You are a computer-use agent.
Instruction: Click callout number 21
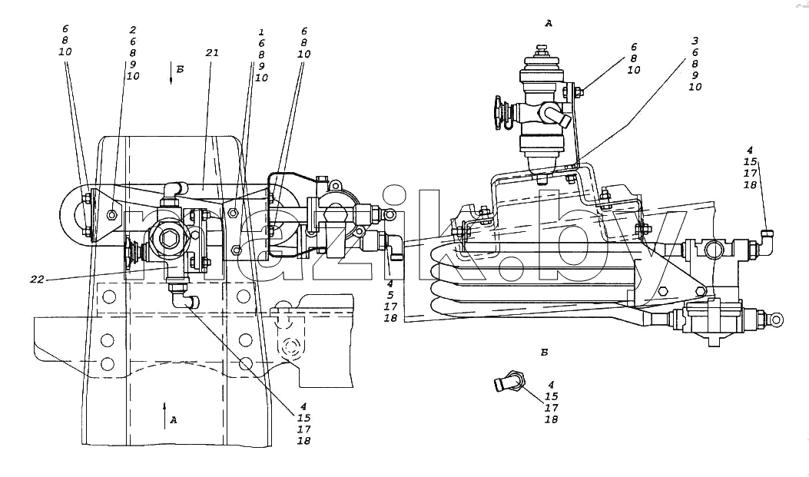[x=212, y=52]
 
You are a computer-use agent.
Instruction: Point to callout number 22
[x=37, y=279]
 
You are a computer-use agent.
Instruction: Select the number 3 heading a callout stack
[x=695, y=40]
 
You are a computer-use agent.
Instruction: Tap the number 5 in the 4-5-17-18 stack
[x=390, y=295]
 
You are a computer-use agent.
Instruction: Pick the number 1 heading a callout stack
[x=261, y=32]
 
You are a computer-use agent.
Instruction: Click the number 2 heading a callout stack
[x=133, y=30]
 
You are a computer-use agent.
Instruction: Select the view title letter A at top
[x=549, y=23]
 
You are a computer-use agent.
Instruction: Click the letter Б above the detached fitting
[x=544, y=353]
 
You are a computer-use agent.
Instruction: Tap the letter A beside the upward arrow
[x=174, y=420]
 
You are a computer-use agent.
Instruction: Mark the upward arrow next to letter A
[x=164, y=416]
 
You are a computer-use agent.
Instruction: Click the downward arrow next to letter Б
[x=171, y=73]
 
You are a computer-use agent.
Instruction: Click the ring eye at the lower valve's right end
[x=775, y=320]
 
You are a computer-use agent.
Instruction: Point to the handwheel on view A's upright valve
[x=499, y=112]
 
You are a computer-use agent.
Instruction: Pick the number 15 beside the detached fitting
[x=551, y=396]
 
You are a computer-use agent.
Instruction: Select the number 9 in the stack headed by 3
[x=695, y=75]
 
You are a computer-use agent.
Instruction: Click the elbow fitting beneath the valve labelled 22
[x=181, y=299]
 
